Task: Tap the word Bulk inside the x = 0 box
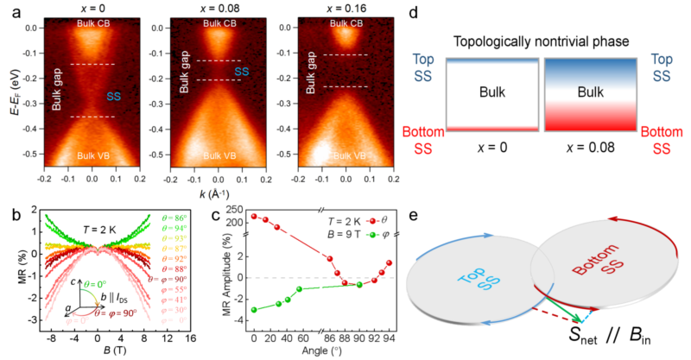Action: click(489, 96)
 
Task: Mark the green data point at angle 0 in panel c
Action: click(254, 309)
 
